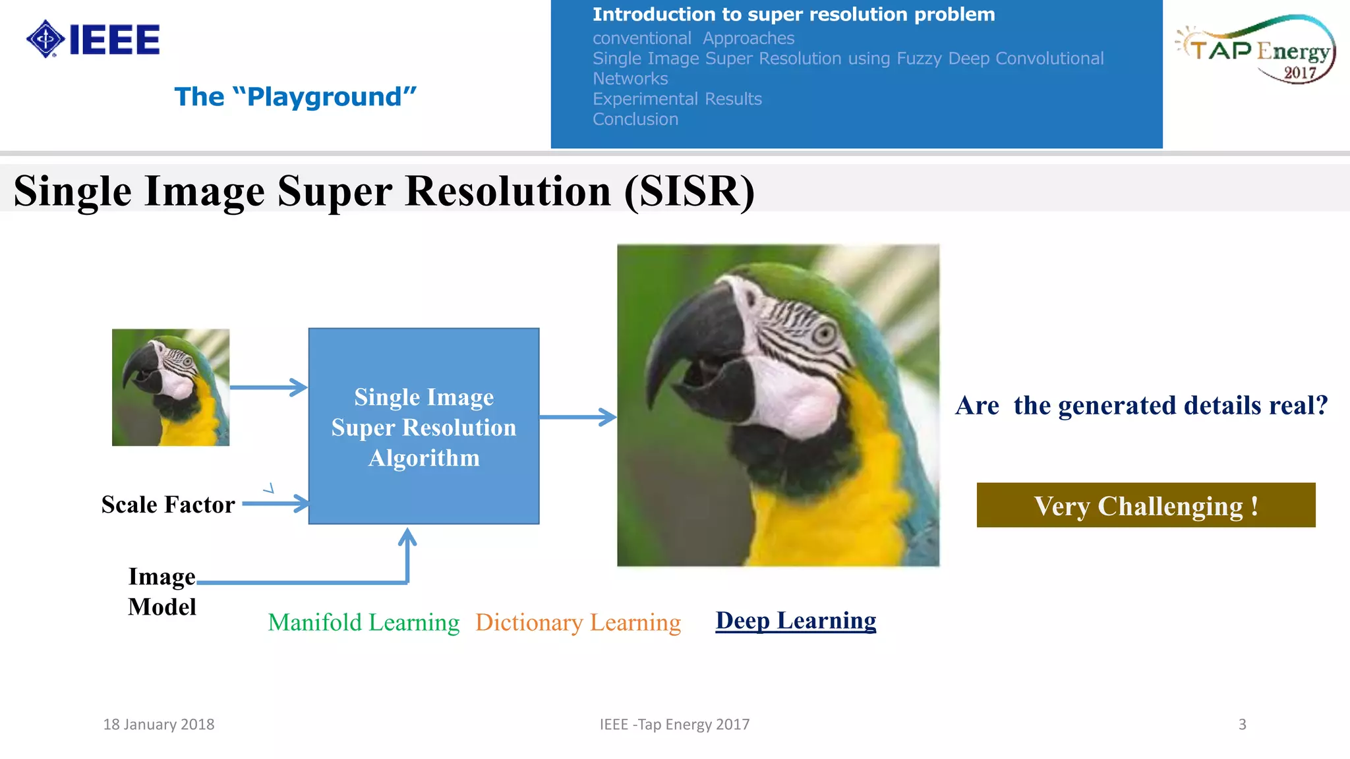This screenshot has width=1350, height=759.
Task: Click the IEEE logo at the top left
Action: point(93,40)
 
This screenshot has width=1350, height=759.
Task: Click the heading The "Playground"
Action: point(295,97)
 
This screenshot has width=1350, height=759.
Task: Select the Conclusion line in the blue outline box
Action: point(635,119)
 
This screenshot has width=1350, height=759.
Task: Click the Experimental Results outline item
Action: point(676,99)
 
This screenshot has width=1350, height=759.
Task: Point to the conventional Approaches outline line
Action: point(693,38)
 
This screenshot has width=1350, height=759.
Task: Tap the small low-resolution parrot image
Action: point(171,387)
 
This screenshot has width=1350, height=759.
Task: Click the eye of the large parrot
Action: point(823,334)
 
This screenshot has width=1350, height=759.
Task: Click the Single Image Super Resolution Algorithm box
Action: point(424,426)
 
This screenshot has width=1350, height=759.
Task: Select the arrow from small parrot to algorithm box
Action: point(268,387)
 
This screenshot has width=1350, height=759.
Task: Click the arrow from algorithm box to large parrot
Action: point(577,417)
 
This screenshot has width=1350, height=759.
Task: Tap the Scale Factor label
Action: point(168,505)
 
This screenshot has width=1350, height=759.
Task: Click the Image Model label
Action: point(162,592)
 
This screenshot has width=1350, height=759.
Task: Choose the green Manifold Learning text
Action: point(363,623)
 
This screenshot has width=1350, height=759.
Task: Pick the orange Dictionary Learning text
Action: point(578,623)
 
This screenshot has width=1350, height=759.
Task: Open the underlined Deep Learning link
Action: point(796,621)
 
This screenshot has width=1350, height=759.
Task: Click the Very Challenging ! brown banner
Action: point(1146,505)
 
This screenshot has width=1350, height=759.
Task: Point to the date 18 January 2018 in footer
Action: point(159,725)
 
